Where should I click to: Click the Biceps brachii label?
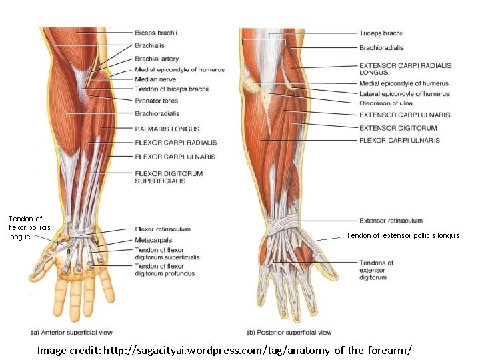tap(156, 33)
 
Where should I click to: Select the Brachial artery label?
tap(156, 59)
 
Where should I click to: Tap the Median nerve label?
tap(155, 79)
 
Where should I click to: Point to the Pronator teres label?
tap(156, 100)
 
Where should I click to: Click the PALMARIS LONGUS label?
tap(167, 129)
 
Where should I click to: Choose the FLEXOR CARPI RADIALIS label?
tap(176, 143)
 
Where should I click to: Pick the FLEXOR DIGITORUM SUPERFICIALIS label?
tap(169, 177)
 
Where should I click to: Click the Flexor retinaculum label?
tap(162, 229)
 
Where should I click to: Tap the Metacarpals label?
tap(153, 240)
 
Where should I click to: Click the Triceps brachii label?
tap(381, 33)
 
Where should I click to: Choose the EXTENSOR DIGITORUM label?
tap(398, 128)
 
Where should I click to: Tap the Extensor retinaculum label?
tap(391, 221)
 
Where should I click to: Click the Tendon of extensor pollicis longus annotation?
tap(402, 235)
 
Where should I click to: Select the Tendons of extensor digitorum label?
tap(376, 270)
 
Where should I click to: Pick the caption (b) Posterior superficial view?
tap(289, 332)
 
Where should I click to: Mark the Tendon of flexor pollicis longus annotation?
tap(25, 227)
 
